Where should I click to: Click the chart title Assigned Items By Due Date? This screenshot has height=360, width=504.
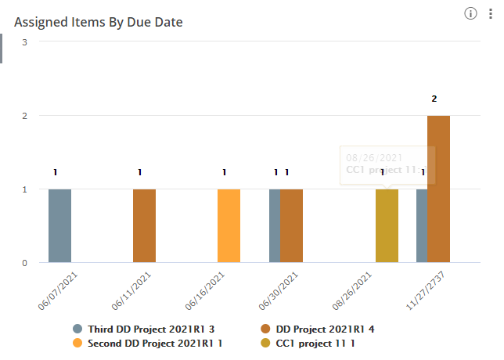(x=99, y=23)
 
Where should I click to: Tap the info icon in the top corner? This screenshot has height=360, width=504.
(x=470, y=13)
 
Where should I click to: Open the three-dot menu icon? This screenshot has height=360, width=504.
(x=491, y=13)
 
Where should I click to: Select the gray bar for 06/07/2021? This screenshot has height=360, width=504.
(x=59, y=225)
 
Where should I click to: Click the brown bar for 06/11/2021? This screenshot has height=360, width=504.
(x=144, y=225)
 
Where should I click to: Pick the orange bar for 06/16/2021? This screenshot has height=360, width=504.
(x=229, y=225)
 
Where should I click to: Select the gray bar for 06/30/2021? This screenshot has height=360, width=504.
(x=275, y=225)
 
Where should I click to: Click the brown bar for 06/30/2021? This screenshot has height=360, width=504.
(x=291, y=225)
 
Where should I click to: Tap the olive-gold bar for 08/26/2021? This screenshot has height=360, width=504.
(x=387, y=225)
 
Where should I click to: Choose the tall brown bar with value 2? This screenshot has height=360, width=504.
(x=438, y=189)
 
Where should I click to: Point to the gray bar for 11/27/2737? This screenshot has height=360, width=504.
(x=422, y=225)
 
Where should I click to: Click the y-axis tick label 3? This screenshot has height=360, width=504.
(x=25, y=41)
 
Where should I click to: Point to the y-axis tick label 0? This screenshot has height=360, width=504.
(x=25, y=263)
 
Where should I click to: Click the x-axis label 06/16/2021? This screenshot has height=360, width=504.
(x=206, y=290)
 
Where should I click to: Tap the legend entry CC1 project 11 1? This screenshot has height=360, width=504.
(x=308, y=343)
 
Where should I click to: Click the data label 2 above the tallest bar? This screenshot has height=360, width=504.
(x=434, y=99)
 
